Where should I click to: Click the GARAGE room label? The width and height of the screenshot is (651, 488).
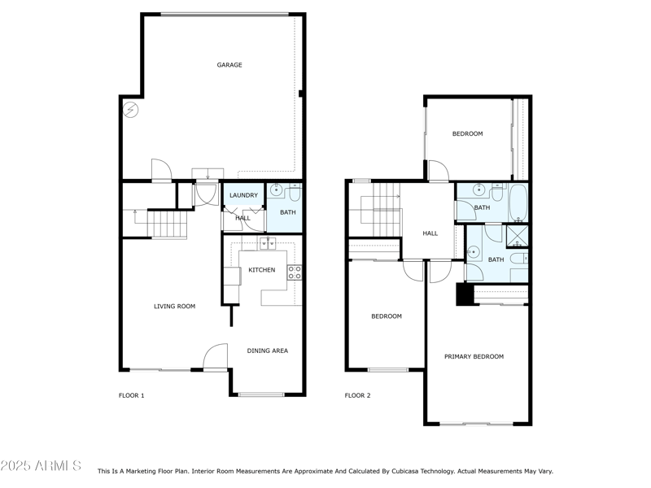pyautogui.click(x=229, y=65)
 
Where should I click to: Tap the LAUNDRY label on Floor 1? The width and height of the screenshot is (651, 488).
pyautogui.click(x=243, y=195)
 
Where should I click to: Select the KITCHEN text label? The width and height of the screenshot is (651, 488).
pyautogui.click(x=261, y=270)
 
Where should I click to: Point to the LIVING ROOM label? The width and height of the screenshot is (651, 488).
pyautogui.click(x=175, y=307)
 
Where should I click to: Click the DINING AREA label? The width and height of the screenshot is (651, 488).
pyautogui.click(x=268, y=351)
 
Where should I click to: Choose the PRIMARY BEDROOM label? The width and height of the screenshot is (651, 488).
pyautogui.click(x=474, y=356)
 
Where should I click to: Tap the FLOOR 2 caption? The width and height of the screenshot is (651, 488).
pyautogui.click(x=357, y=396)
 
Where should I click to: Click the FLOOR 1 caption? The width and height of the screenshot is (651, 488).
pyautogui.click(x=131, y=396)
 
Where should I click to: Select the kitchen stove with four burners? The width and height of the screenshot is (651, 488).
pyautogui.click(x=295, y=272)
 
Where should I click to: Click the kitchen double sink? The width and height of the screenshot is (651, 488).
pyautogui.click(x=268, y=243)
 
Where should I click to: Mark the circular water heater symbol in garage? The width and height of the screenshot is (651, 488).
pyautogui.click(x=131, y=109)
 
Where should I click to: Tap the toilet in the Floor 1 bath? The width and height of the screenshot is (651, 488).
pyautogui.click(x=294, y=193)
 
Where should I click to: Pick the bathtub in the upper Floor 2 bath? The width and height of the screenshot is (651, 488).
pyautogui.click(x=518, y=202)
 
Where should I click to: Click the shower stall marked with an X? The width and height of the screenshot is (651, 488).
pyautogui.click(x=517, y=236)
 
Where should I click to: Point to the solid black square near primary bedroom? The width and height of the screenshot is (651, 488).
pyautogui.click(x=465, y=294)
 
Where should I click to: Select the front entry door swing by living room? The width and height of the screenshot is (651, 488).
pyautogui.click(x=215, y=358)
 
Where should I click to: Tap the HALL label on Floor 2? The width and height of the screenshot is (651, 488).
pyautogui.click(x=430, y=233)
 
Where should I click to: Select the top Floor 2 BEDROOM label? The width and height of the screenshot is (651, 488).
pyautogui.click(x=467, y=134)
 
